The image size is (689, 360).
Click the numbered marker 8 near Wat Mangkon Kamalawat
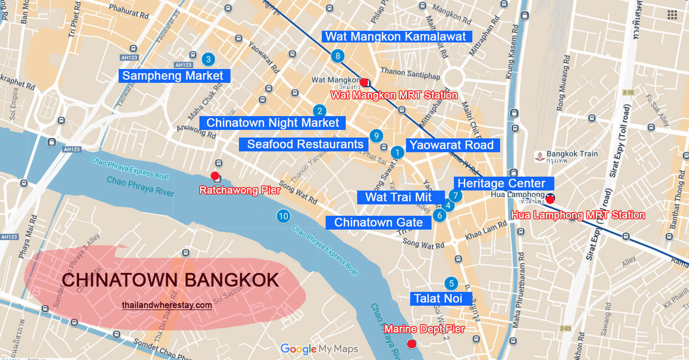[337, 56]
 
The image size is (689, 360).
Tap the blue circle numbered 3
[208, 59]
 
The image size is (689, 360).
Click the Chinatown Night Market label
[273, 123]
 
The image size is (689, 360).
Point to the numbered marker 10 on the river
[284, 216]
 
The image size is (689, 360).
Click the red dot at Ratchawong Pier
[215, 175]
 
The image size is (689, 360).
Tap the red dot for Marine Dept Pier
[412, 344]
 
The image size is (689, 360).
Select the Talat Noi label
[438, 299]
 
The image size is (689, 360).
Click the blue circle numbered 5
[451, 283]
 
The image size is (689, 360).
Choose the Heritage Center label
[502, 183]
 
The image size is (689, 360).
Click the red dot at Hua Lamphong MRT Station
[550, 199]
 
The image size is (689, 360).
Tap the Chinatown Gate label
[378, 222]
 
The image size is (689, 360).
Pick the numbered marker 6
[440, 216]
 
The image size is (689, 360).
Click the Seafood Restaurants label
[305, 144]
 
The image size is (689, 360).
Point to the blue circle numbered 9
[376, 136]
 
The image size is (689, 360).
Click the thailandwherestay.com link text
[167, 305]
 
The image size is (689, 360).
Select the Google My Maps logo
[319, 349]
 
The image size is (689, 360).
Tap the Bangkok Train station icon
[540, 157]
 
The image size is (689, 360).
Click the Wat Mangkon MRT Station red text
[394, 95]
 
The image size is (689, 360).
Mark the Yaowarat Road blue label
[452, 145]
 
